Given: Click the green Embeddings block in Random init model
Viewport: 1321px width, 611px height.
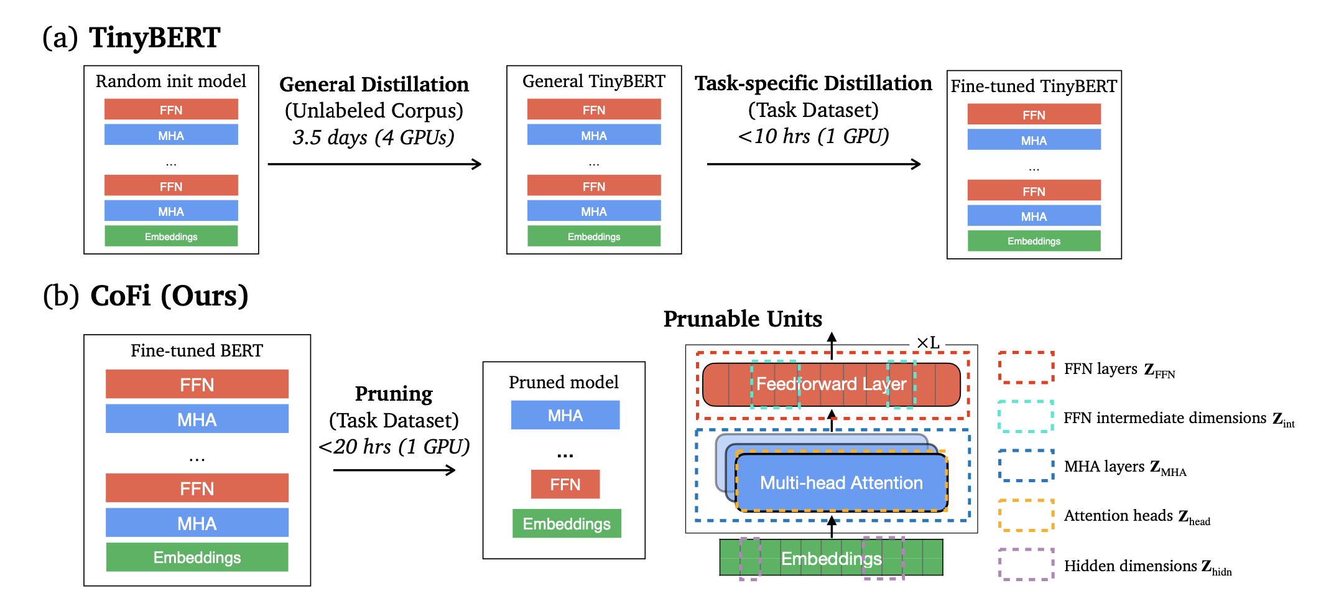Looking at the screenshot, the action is click(171, 236).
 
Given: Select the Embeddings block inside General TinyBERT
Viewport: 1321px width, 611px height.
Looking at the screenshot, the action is click(594, 236).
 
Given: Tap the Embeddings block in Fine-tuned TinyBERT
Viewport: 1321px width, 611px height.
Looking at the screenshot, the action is click(1034, 241).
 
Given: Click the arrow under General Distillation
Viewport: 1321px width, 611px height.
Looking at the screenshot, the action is click(374, 164).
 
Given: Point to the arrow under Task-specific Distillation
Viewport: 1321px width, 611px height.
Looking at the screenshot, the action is click(813, 164).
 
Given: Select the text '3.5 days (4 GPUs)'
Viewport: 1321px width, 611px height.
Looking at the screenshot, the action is click(374, 137).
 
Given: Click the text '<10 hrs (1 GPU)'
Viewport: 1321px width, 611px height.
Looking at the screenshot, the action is click(813, 136).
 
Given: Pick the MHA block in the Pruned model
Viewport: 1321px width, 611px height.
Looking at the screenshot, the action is click(565, 415).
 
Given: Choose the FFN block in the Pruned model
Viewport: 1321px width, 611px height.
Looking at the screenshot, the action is click(565, 484).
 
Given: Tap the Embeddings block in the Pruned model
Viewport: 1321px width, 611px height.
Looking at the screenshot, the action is click(567, 523).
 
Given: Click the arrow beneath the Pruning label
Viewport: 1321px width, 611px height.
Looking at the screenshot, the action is click(394, 470).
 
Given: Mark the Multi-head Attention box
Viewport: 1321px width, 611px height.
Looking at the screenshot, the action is click(841, 483).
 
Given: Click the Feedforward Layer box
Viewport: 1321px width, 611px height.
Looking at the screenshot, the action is click(832, 385).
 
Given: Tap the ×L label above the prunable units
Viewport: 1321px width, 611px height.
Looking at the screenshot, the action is click(928, 343).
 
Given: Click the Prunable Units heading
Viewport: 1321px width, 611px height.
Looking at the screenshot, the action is click(743, 319).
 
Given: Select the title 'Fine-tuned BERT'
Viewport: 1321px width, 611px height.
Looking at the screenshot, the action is click(197, 351).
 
